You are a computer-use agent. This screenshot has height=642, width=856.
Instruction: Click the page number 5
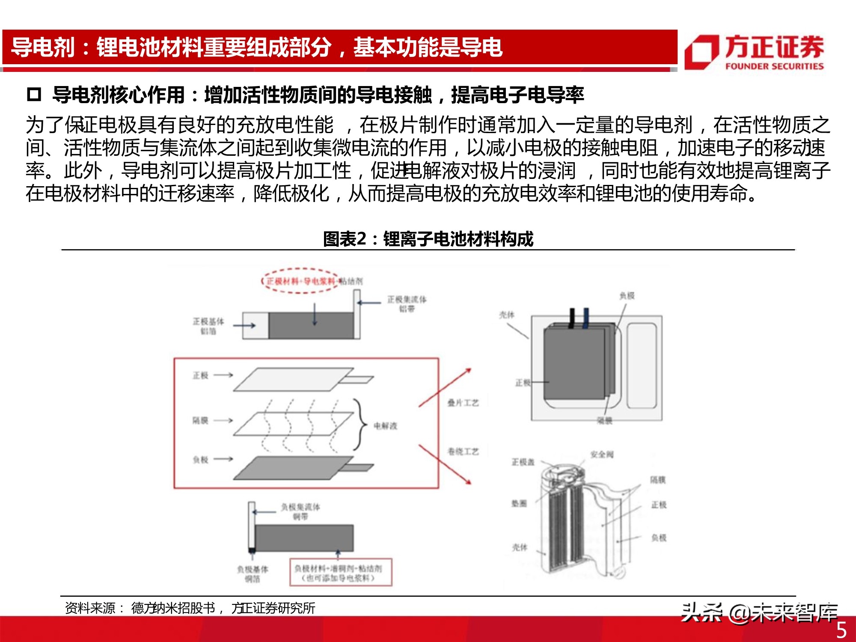tap(841, 630)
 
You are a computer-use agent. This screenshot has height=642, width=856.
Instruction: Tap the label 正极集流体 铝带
tap(407, 304)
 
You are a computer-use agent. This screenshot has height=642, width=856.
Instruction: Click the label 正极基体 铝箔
tap(208, 326)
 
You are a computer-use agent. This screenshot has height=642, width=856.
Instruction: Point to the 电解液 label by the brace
tap(385, 426)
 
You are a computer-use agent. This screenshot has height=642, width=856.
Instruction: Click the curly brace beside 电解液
tap(361, 425)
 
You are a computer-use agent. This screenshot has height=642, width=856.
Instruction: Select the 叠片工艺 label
tap(463, 403)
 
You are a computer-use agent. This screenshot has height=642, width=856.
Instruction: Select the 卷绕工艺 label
tap(463, 452)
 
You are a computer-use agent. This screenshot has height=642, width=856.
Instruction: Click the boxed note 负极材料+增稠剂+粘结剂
tap(341, 573)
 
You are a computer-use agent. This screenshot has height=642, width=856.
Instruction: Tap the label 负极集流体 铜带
tap(300, 511)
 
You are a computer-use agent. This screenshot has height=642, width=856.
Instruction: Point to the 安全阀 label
tap(602, 455)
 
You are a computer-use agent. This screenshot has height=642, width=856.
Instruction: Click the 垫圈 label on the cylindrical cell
tap(519, 504)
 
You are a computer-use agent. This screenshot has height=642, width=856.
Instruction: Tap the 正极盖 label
tap(523, 462)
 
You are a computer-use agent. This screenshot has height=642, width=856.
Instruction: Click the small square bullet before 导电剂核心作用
tap(34, 95)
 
